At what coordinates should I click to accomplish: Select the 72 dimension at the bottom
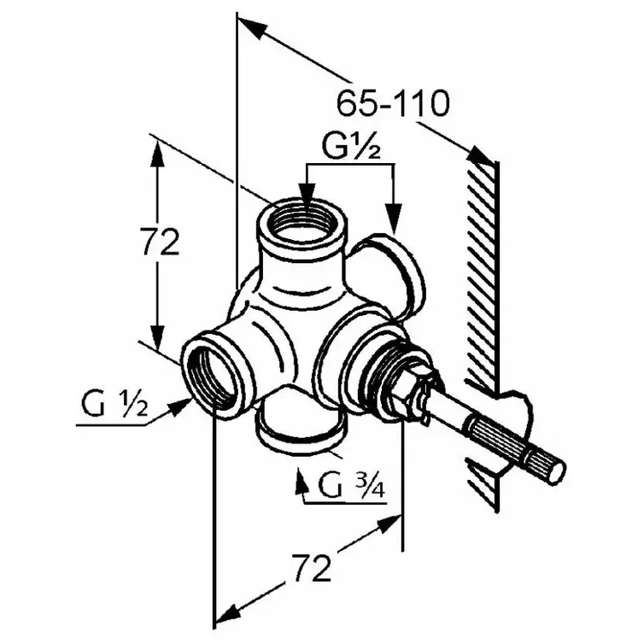coord(311,568)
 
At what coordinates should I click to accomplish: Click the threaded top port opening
coord(302,221)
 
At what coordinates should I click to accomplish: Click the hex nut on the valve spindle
coord(402,382)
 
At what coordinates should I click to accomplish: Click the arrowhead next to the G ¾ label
coord(301,482)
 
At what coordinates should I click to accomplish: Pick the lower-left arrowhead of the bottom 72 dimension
coord(229,614)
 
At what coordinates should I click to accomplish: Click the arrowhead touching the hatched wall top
coord(482,156)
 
